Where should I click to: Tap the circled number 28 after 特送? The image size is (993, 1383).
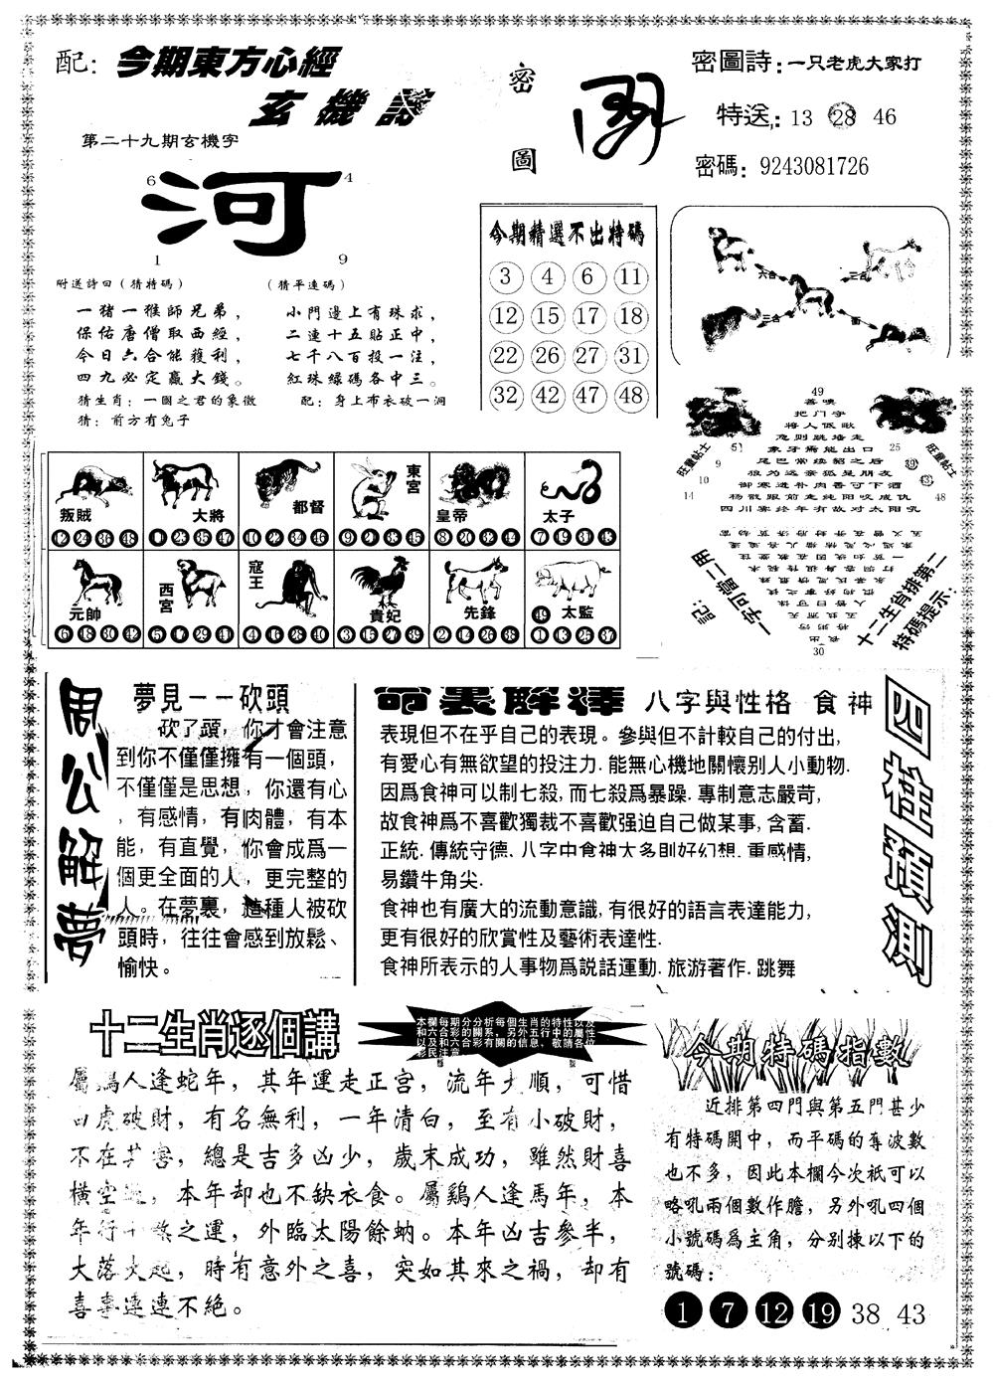pos(848,116)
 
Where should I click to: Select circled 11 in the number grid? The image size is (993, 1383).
pos(629,276)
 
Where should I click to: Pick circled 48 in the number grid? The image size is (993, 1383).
pos(629,395)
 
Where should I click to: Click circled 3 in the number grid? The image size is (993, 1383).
pos(506,276)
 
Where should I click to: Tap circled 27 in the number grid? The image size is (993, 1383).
pos(588,356)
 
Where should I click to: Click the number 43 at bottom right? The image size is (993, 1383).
pos(910,1313)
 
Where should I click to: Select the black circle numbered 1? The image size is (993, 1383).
pos(682,1312)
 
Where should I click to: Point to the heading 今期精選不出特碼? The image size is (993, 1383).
pos(567,235)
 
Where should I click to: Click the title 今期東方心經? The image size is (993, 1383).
pos(227,64)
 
